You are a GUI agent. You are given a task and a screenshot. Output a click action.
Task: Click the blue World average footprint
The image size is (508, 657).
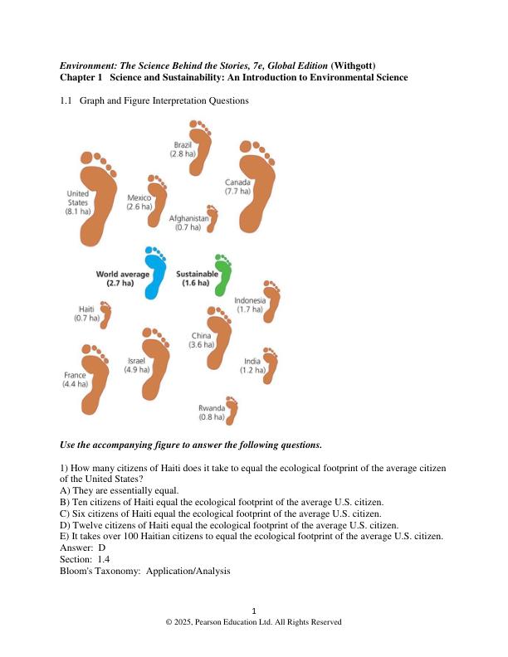tap(154, 274)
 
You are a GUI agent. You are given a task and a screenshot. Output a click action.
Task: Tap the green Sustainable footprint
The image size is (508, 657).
tap(222, 275)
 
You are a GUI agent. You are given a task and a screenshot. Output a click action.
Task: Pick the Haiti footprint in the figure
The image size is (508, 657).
tap(105, 314)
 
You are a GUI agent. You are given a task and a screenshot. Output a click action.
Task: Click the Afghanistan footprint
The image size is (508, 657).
tap(212, 218)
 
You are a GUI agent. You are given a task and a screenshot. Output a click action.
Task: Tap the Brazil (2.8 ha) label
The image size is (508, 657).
tap(183, 149)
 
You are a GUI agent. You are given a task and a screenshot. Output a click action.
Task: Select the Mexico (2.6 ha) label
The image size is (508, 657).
tap(139, 202)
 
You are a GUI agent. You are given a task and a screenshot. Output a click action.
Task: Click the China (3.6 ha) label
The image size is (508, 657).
tap(202, 340)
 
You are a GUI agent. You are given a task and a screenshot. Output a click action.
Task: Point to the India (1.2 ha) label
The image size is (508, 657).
tap(252, 366)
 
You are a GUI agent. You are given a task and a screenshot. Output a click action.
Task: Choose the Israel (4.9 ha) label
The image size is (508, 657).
tap(137, 365)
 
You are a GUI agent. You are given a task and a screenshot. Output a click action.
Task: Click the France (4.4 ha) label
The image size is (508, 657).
tap(75, 380)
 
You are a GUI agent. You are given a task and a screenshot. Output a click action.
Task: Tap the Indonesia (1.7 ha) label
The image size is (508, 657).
tap(250, 304)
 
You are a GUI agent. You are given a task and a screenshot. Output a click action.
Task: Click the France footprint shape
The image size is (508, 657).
tap(95, 380)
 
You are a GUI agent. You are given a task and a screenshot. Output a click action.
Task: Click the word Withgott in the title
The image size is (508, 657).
tap(359, 66)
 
